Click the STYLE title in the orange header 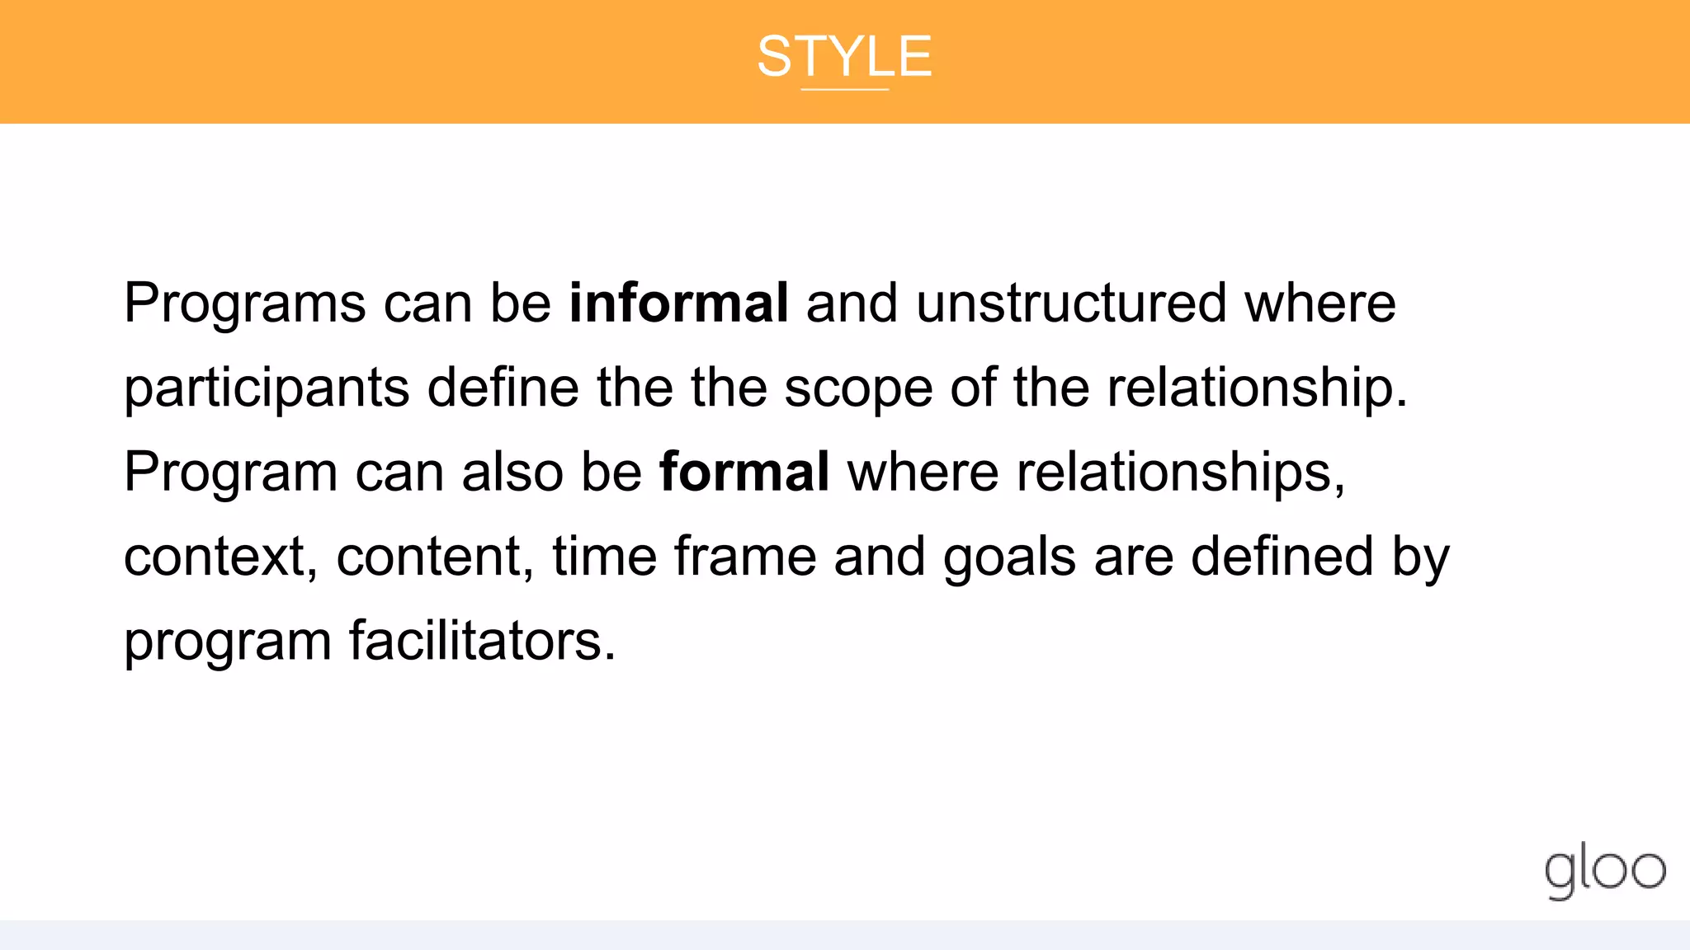tap(844, 56)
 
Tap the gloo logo tap(1604, 870)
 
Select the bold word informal tap(678, 303)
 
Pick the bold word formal tap(744, 472)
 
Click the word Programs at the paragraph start tap(244, 303)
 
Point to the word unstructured tap(1071, 303)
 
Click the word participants tap(267, 388)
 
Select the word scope tap(857, 389)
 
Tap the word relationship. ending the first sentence tap(1257, 388)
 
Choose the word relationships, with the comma tap(1180, 473)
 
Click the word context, tap(220, 557)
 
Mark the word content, tap(435, 557)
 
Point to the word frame tap(744, 557)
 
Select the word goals tap(1009, 558)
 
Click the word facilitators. tap(482, 641)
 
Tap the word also tap(512, 473)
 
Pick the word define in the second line tap(503, 388)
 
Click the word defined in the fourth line tap(1282, 557)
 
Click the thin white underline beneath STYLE tap(844, 89)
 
